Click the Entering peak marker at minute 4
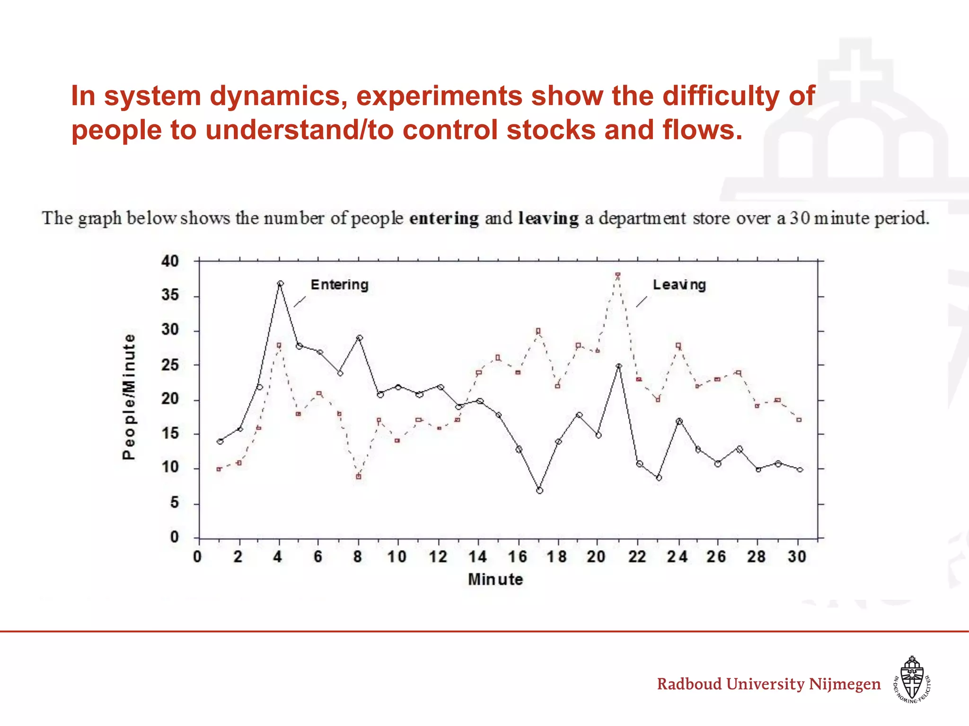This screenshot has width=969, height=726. pyautogui.click(x=280, y=284)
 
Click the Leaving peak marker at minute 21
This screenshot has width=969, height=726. pyautogui.click(x=618, y=275)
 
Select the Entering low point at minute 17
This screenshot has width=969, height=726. pyautogui.click(x=539, y=491)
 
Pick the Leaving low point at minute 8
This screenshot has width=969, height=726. pyautogui.click(x=359, y=477)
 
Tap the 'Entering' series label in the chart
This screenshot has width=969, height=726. pyautogui.click(x=339, y=285)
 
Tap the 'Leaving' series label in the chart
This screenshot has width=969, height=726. pyautogui.click(x=679, y=285)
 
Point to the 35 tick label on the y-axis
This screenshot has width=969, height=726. pyautogui.click(x=170, y=295)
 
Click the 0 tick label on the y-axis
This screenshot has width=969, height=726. pyautogui.click(x=175, y=537)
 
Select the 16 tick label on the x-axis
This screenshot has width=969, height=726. pyautogui.click(x=518, y=557)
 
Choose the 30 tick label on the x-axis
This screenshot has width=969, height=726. pyautogui.click(x=797, y=557)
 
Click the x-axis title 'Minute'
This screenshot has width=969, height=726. pyautogui.click(x=495, y=579)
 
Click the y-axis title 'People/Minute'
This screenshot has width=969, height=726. pyautogui.click(x=129, y=397)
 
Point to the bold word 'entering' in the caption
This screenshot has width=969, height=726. pyautogui.click(x=444, y=218)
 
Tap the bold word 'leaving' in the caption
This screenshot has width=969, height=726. pyautogui.click(x=548, y=218)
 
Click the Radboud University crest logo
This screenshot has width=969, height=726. pyautogui.click(x=912, y=679)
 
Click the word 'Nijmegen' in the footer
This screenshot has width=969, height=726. pyautogui.click(x=845, y=684)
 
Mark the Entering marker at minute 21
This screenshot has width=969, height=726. pyautogui.click(x=618, y=366)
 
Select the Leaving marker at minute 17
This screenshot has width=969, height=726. pyautogui.click(x=538, y=331)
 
